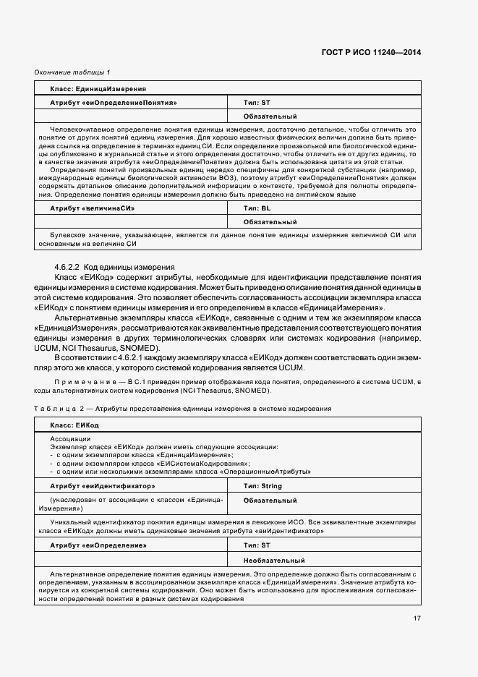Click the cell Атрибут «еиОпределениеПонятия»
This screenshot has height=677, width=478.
click(114, 103)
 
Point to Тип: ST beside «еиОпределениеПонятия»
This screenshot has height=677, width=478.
click(257, 103)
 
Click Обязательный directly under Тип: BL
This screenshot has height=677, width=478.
click(270, 222)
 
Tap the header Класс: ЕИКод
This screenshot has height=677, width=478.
click(74, 425)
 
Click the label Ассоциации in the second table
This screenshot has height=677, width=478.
click(70, 439)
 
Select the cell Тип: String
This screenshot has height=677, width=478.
click(262, 486)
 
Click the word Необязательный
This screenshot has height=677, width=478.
click(274, 560)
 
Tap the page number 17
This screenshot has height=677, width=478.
click(417, 618)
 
